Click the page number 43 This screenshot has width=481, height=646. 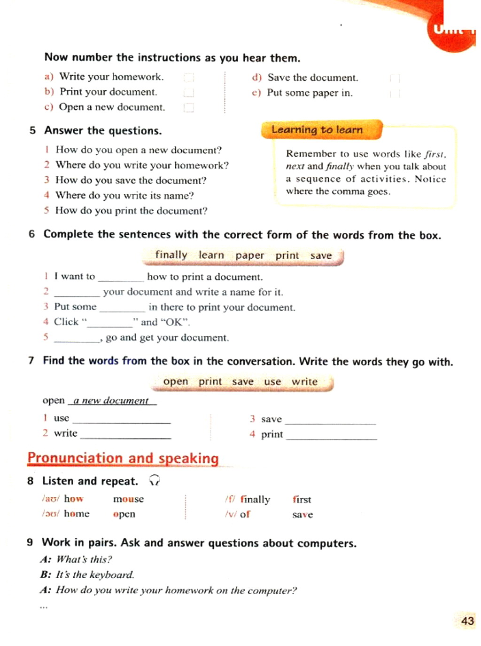467,621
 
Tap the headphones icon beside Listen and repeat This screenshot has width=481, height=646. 154,480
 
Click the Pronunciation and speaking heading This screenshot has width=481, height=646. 123,458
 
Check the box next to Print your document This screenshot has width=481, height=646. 189,93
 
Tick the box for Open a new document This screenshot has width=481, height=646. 189,108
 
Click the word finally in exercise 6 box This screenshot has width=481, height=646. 171,255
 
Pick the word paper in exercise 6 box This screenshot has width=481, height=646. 249,255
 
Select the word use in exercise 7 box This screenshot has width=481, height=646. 272,382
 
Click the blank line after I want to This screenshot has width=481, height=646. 121,278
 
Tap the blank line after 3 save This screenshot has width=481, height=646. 330,420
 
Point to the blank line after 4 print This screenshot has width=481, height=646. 331,435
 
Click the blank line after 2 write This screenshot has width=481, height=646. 125,435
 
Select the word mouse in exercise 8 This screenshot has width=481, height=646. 128,499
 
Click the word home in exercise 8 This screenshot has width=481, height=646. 77,514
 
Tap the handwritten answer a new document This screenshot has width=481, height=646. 111,400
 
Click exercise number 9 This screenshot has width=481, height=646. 30,542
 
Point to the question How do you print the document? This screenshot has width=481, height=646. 131,211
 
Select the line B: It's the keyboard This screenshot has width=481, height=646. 88,574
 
